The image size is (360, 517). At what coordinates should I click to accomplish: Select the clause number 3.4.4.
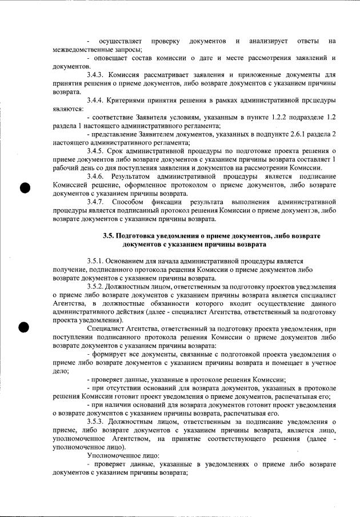point(96,101)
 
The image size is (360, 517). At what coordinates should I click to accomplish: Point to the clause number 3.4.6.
point(96,177)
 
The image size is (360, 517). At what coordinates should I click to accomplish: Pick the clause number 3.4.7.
point(96,202)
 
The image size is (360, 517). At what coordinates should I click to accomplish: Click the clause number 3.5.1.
point(96,260)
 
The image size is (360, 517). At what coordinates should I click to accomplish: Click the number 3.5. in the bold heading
point(109,236)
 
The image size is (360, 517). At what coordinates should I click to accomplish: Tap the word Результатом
point(134,177)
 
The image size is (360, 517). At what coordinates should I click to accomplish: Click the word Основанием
point(129,260)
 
